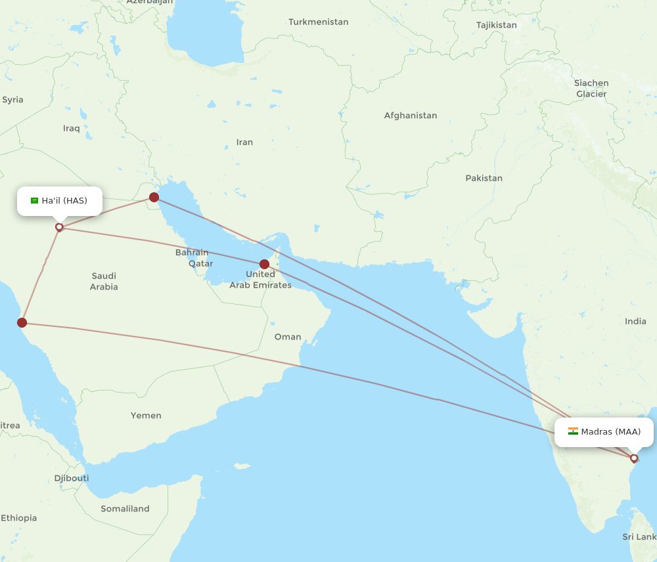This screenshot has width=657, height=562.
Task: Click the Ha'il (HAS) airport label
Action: (64, 200)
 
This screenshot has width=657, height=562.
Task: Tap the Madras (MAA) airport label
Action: (610, 431)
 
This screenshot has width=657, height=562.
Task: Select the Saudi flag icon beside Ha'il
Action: (35, 200)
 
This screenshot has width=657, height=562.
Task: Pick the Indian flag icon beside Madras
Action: (573, 431)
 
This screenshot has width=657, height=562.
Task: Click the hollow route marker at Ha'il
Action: (59, 227)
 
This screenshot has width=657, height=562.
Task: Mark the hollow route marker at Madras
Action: (634, 458)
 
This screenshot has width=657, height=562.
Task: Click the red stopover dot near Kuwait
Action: (154, 197)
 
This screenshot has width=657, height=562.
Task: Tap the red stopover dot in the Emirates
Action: (264, 264)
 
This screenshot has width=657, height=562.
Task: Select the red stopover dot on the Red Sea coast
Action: (22, 322)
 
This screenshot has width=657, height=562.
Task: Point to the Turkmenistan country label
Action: (319, 22)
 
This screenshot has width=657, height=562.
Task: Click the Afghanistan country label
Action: (411, 116)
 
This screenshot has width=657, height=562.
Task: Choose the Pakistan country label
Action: (484, 178)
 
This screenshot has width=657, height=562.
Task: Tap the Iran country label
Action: (244, 142)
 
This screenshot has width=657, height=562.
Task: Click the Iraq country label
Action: (72, 128)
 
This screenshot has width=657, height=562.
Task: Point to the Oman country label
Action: (288, 337)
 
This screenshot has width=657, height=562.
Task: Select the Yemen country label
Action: (146, 416)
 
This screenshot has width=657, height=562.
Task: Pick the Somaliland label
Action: (125, 509)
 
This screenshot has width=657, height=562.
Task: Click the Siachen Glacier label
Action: (591, 89)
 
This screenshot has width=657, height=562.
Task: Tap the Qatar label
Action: (201, 263)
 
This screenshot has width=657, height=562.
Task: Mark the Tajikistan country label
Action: (497, 25)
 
